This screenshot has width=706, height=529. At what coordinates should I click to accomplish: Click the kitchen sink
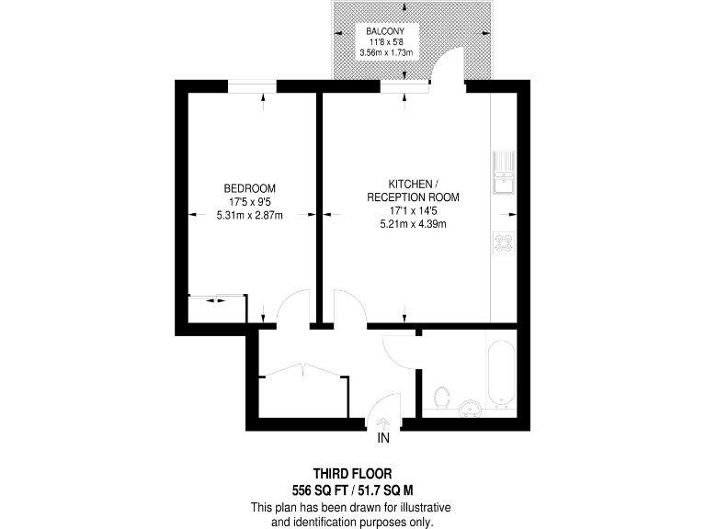point(505,174)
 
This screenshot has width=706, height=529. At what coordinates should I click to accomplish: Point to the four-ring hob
point(504,242)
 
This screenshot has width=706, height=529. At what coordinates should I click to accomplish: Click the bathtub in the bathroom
point(500,374)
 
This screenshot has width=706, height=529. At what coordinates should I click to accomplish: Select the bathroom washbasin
point(471,408)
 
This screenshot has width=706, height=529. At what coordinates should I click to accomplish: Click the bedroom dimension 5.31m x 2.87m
point(250,216)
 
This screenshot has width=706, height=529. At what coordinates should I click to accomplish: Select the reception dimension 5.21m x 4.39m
point(412,224)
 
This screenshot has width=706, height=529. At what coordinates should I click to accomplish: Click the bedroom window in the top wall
point(252,86)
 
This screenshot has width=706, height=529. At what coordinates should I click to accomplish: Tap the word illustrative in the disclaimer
point(419,508)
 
